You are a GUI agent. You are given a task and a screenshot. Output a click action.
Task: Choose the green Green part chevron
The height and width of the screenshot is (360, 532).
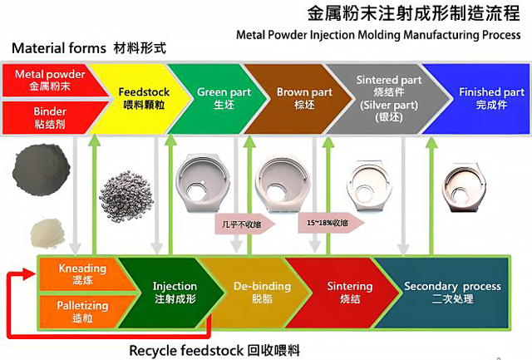coord(218,98)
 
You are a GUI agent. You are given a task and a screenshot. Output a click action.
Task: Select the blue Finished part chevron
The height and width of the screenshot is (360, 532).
coord(486,98)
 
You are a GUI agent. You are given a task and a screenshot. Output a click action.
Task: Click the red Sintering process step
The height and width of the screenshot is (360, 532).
coord(342,293)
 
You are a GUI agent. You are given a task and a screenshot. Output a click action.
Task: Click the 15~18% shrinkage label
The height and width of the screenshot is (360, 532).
coord(330,223)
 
